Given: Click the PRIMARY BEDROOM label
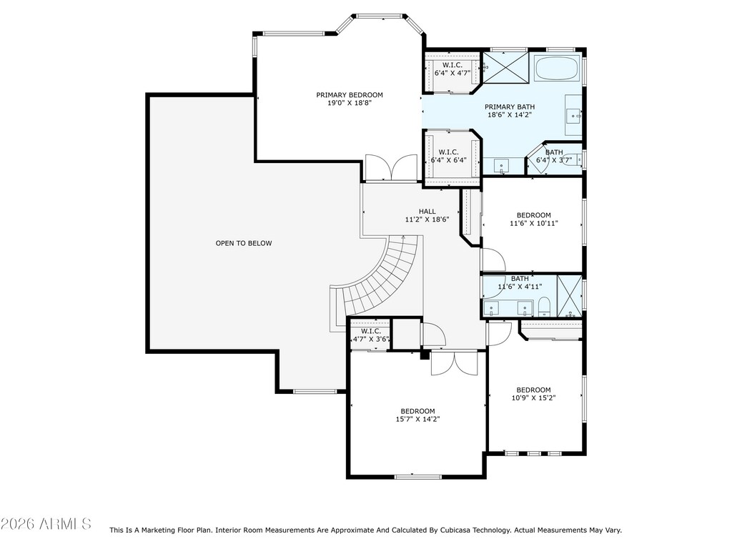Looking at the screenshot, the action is (x=349, y=95).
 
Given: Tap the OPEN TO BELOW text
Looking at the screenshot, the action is (x=244, y=243).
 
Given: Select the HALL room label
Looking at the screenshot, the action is (x=427, y=212).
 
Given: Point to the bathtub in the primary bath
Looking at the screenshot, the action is (x=557, y=68).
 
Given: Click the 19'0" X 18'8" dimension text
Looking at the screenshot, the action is (x=349, y=103).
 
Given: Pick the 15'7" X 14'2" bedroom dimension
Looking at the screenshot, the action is (x=417, y=419).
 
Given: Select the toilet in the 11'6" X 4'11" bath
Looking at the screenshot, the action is (x=545, y=307).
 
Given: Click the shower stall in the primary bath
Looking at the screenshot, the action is (x=505, y=67).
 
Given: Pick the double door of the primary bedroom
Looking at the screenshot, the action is (x=391, y=167).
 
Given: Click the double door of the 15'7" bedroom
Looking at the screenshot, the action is (x=454, y=362).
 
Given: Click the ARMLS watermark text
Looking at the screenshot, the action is (x=46, y=524).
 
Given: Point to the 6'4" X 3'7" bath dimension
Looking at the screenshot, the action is (x=554, y=160).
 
